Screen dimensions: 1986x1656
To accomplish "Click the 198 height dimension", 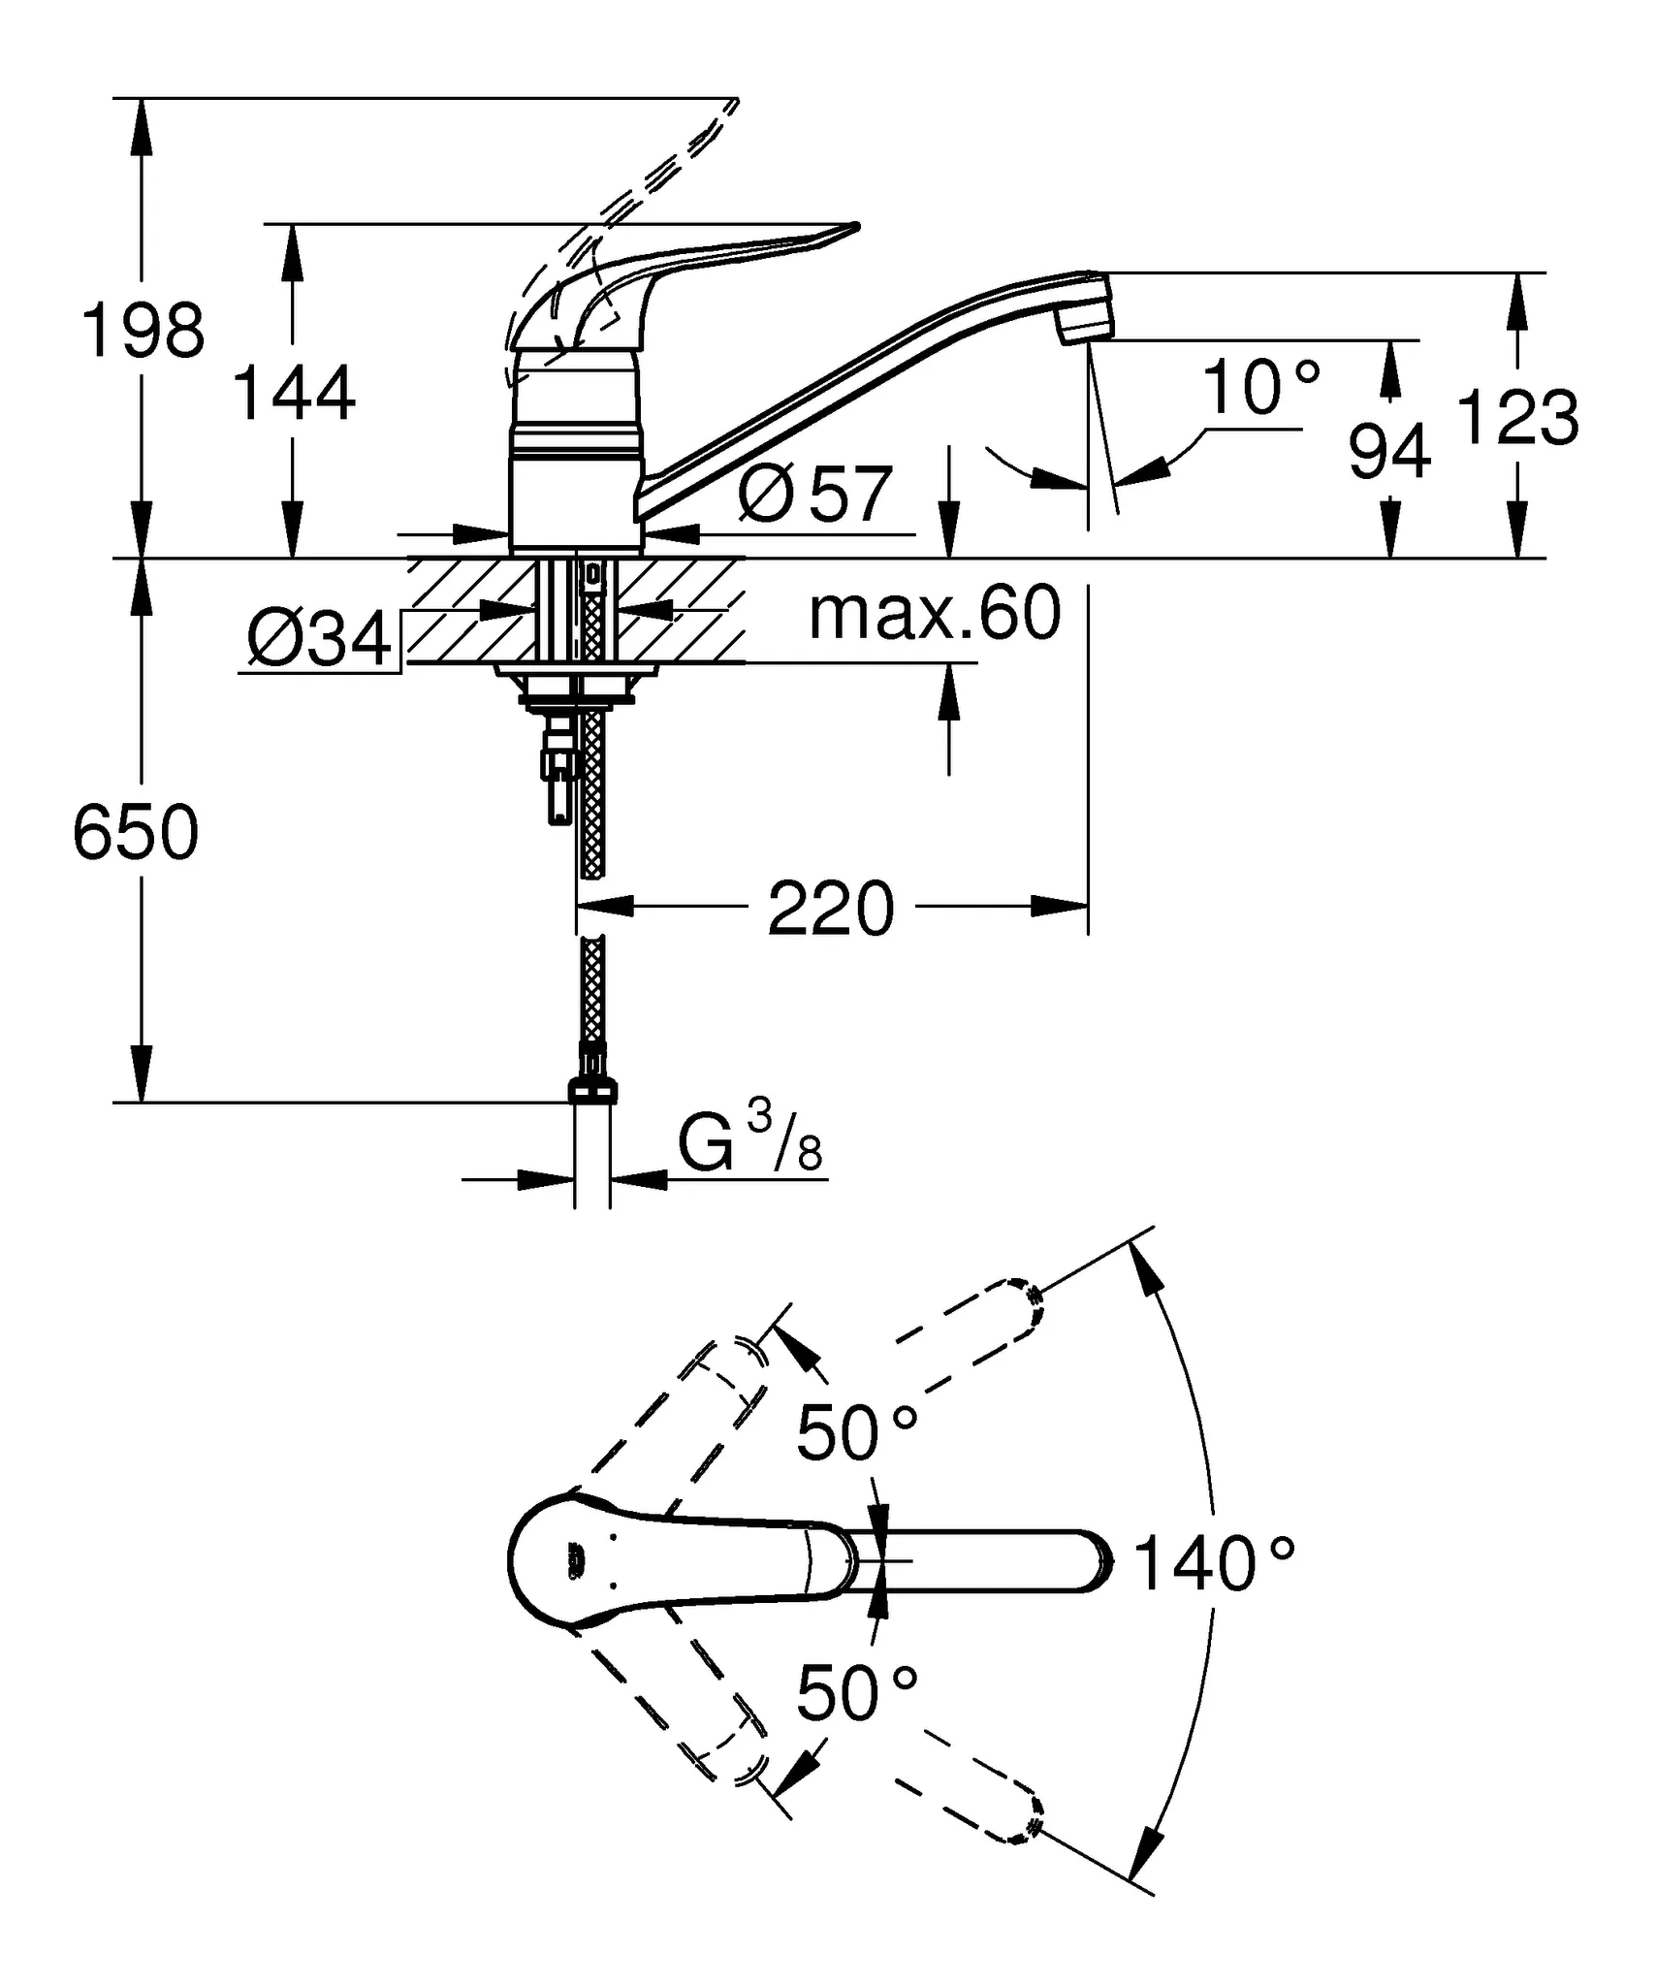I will (x=143, y=331).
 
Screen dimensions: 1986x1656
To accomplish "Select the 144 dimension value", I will (x=294, y=394).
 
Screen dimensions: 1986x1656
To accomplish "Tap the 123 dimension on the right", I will (x=1517, y=418).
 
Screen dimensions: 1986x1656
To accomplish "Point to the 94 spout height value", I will (x=1389, y=452).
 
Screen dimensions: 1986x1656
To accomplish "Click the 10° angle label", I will (x=1261, y=388).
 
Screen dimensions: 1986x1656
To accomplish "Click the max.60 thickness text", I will (x=935, y=613).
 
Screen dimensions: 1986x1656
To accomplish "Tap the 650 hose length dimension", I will (x=136, y=832).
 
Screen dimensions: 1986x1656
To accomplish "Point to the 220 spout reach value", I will (x=831, y=910).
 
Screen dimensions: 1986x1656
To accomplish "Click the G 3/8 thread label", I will (x=749, y=1145).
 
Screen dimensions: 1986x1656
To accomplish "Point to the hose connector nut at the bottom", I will (x=592, y=1093).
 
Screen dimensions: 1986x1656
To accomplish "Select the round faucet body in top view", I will (x=562, y=1559).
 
